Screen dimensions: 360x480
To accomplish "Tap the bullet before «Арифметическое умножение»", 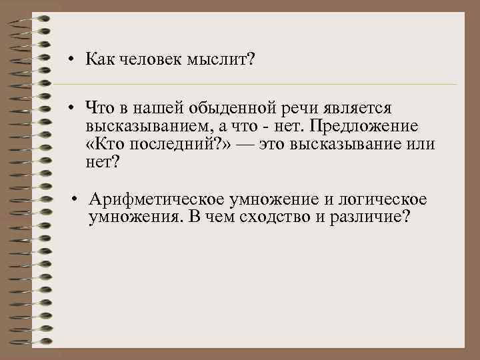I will click(x=77, y=199).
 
